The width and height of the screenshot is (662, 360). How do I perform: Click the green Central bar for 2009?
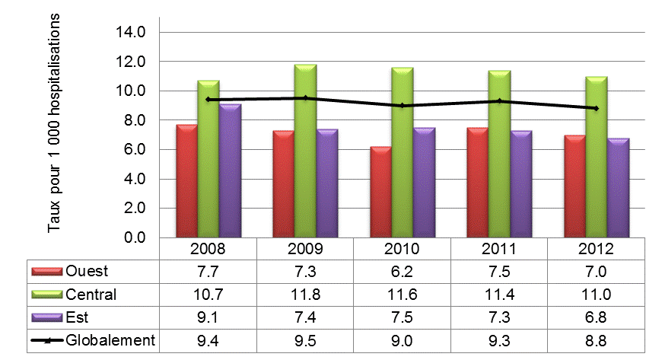(305, 152)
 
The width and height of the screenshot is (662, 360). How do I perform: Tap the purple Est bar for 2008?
(230, 171)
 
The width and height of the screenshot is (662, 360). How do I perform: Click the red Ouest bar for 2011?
(477, 183)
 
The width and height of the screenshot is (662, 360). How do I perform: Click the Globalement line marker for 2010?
(403, 106)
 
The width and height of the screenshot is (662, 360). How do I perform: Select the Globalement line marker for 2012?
(597, 108)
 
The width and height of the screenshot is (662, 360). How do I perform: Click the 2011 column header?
(499, 250)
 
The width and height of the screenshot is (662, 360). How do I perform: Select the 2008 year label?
(208, 250)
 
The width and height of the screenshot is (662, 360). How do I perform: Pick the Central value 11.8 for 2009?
(305, 295)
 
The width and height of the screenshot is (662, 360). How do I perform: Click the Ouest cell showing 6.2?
(403, 272)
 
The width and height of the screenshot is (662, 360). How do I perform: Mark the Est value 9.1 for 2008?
(208, 317)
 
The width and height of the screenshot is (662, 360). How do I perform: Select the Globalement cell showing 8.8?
(597, 339)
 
